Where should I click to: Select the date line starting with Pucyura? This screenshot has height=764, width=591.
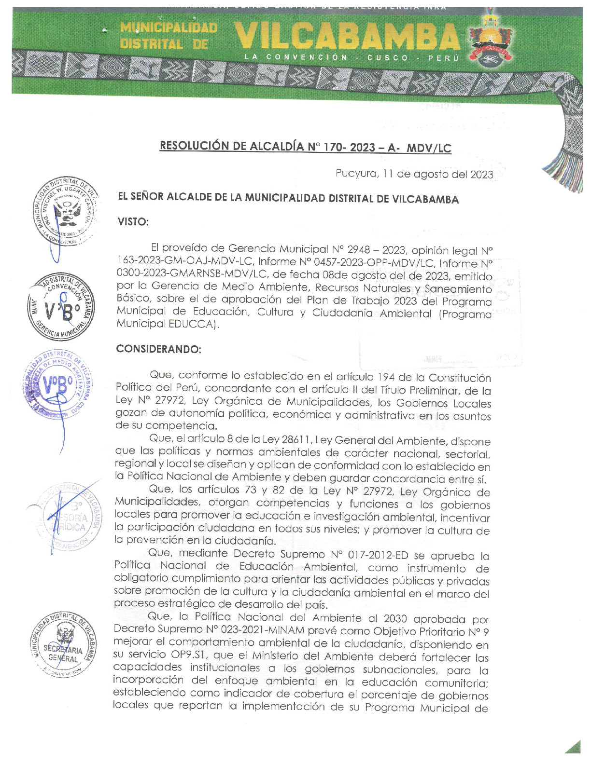[414, 174]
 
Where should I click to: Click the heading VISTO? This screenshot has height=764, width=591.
[133, 222]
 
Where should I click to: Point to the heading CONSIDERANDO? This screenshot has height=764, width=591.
[158, 349]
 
